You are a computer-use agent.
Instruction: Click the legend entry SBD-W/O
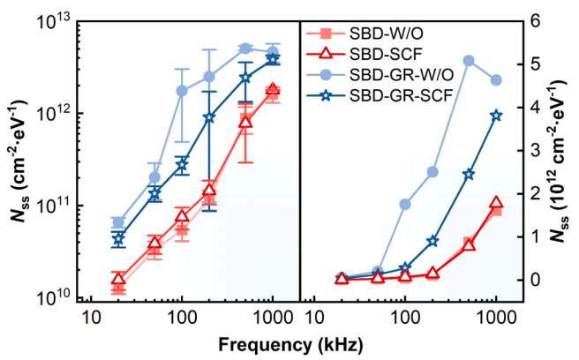click(382, 34)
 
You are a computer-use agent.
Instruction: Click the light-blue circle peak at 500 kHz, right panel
click(469, 61)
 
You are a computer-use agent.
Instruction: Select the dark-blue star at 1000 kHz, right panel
click(496, 116)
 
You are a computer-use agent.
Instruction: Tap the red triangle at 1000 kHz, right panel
click(496, 204)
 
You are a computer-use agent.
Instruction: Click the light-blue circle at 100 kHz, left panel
click(182, 91)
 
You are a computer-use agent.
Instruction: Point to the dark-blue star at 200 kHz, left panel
click(209, 117)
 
